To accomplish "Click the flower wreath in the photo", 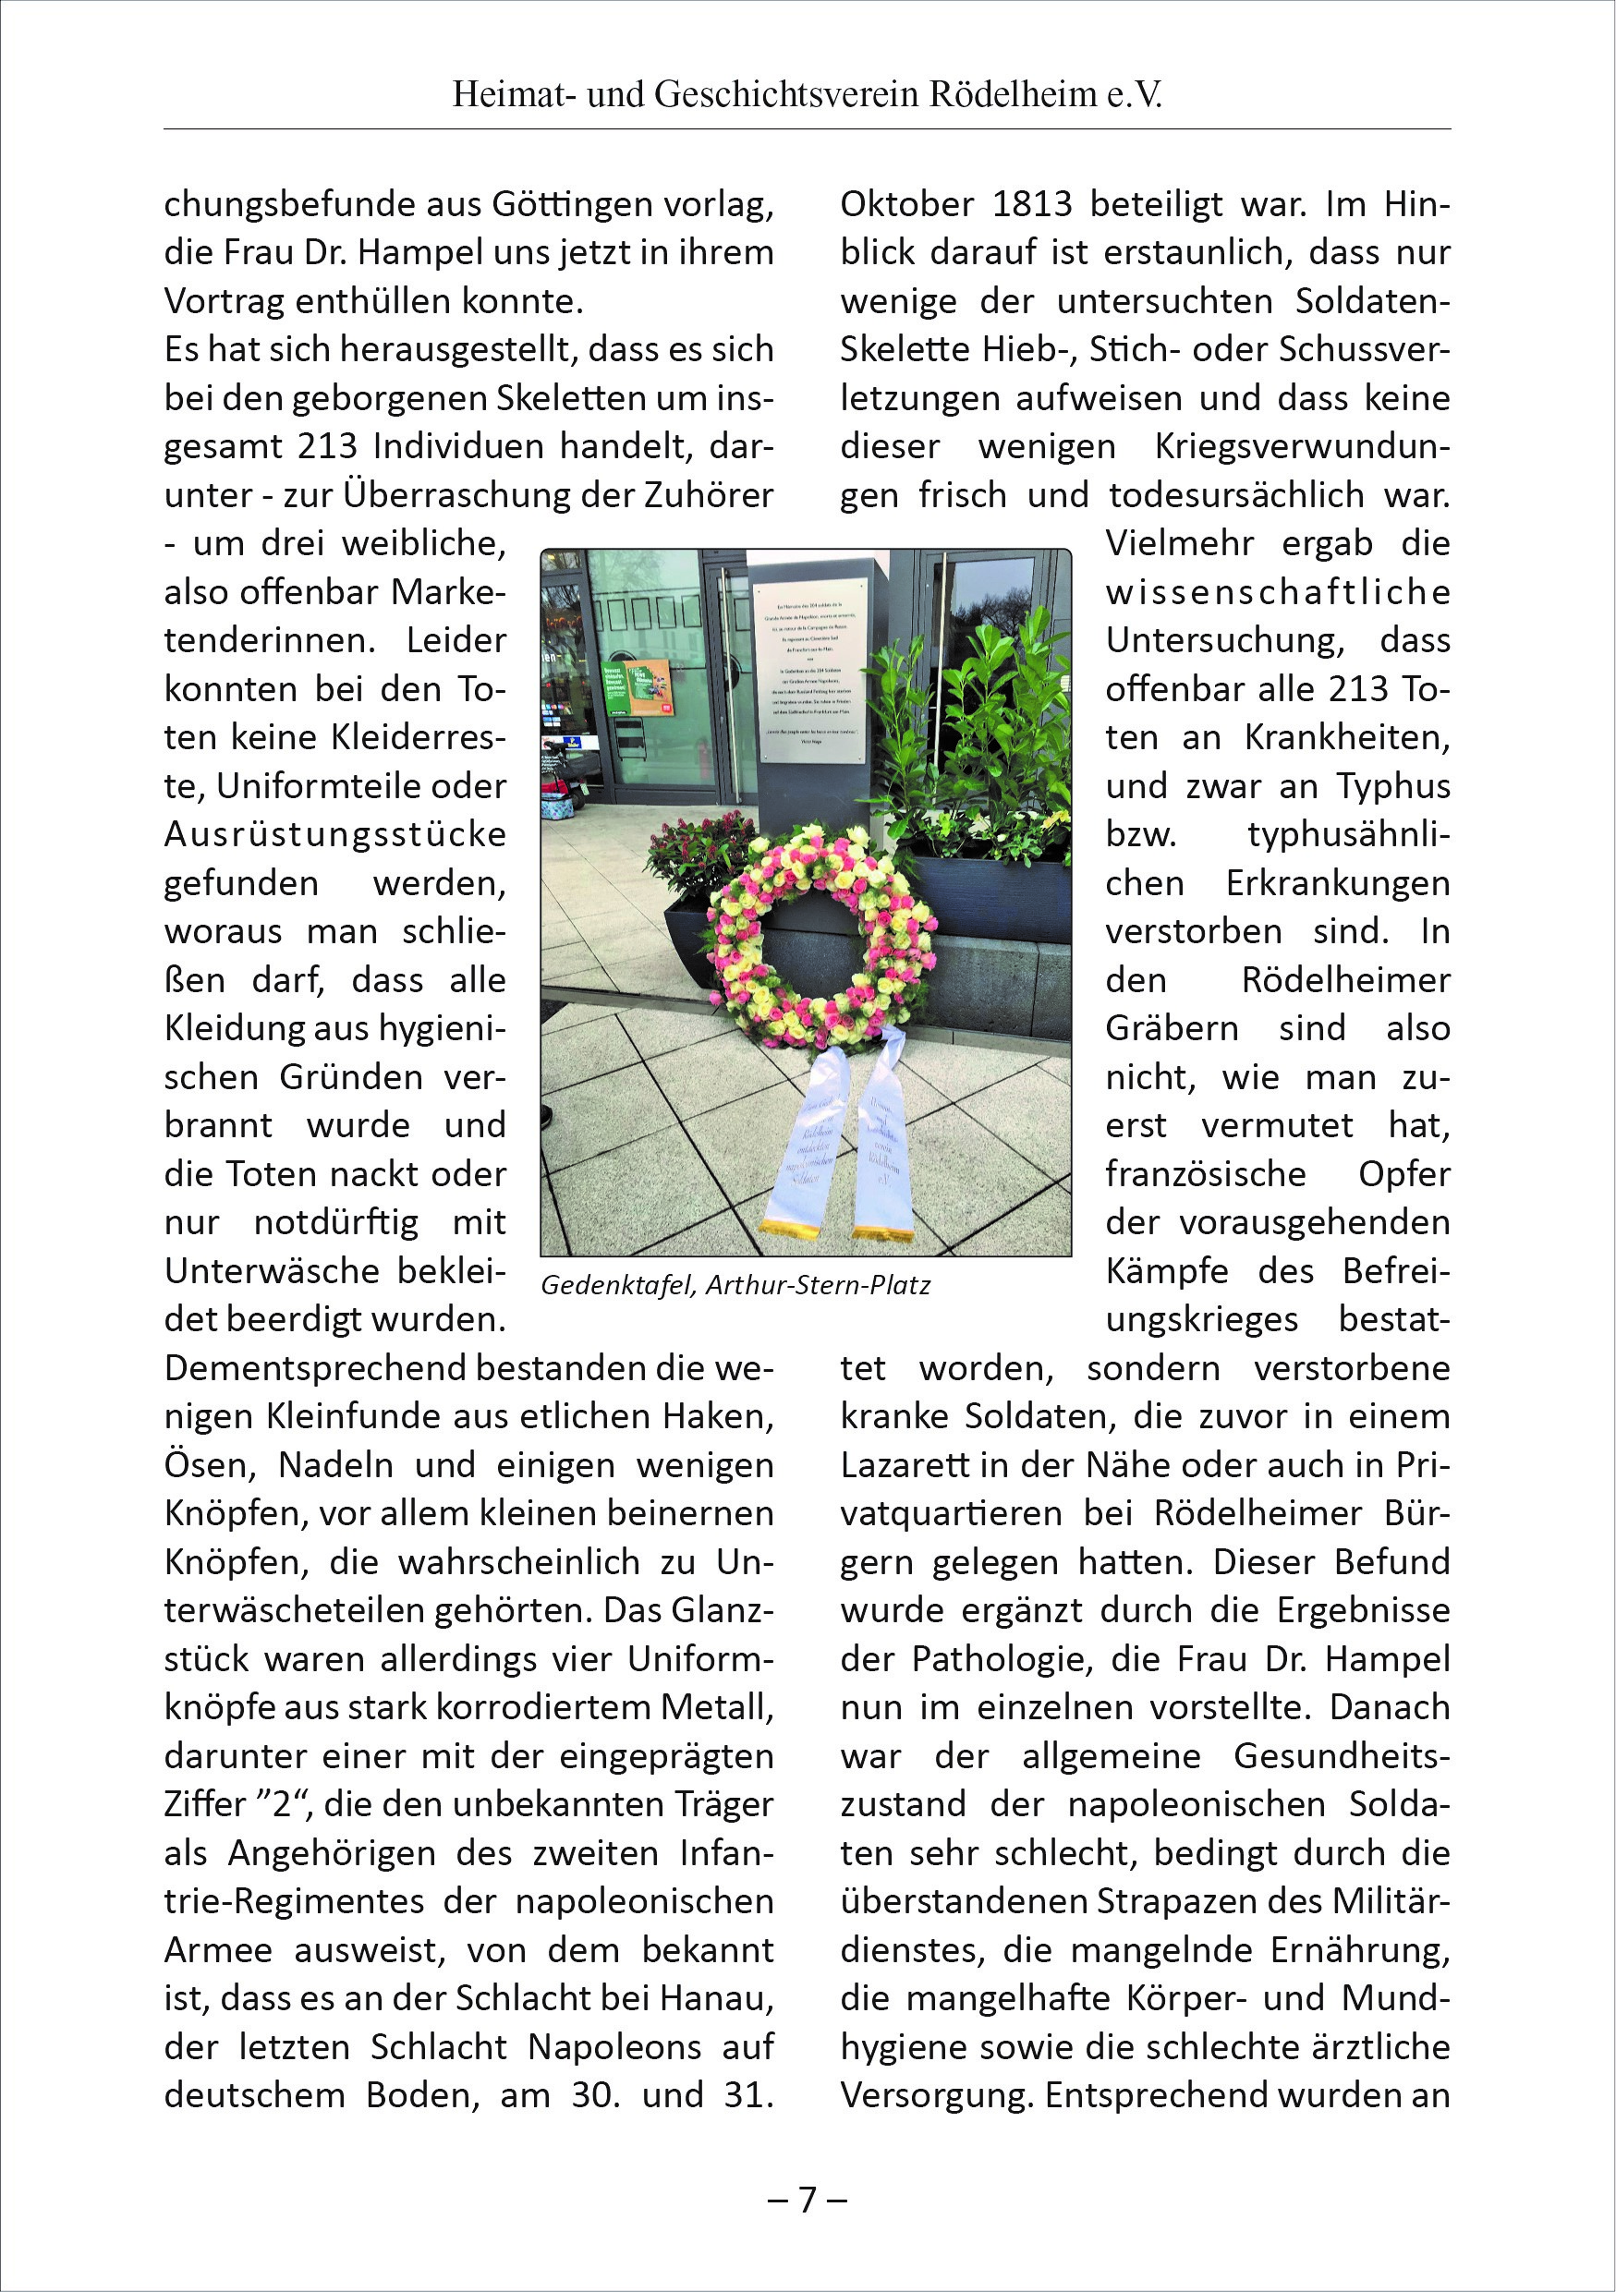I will coord(820,933).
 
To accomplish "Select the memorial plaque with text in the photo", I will coord(810,669).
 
